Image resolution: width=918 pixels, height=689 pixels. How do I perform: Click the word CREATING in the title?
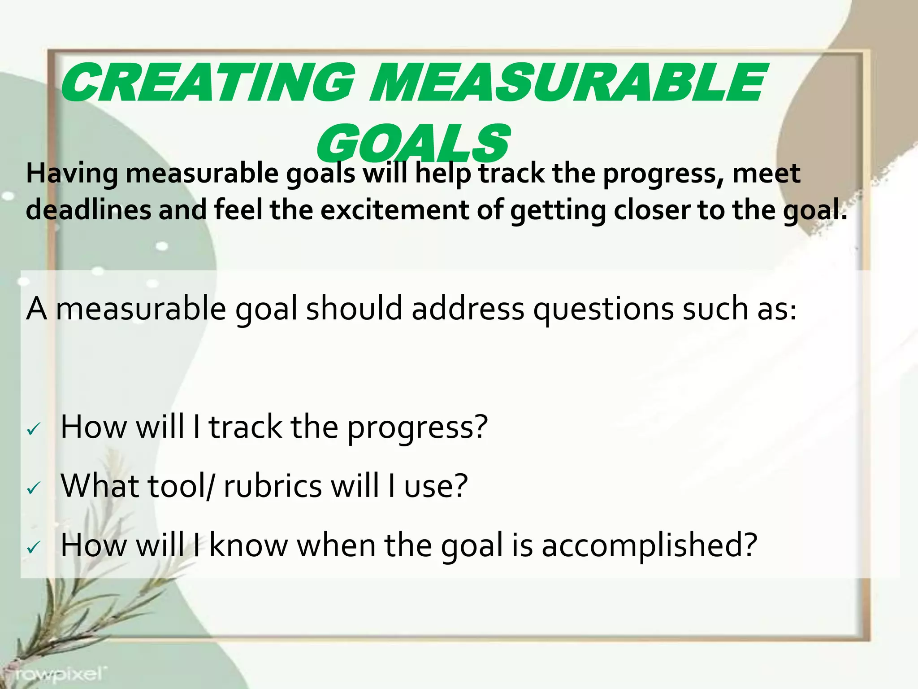[x=208, y=83]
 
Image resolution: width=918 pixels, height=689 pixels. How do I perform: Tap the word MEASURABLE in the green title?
[x=567, y=83]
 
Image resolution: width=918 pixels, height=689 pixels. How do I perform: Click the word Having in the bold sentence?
[x=72, y=174]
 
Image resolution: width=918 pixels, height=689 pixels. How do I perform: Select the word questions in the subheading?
[x=603, y=310]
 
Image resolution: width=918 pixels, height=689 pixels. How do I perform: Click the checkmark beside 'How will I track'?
[x=34, y=430]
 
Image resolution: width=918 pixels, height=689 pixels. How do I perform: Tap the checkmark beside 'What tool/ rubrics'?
[x=34, y=488]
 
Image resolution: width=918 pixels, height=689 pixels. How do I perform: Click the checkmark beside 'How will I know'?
[x=34, y=547]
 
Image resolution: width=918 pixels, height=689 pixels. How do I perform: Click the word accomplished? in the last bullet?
[x=650, y=546]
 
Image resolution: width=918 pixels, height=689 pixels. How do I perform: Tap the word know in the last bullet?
[x=248, y=545]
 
